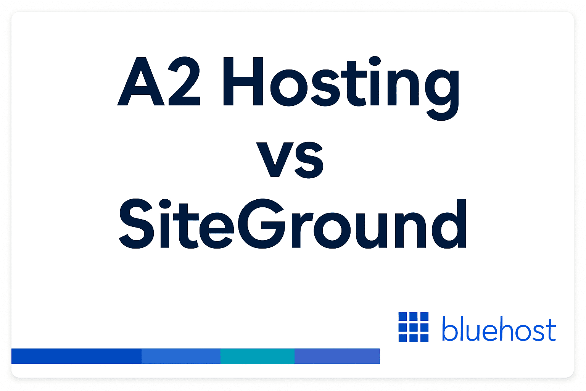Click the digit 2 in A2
(x=184, y=82)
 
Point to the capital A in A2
(x=141, y=82)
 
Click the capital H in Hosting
(x=243, y=82)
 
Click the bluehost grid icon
(x=414, y=327)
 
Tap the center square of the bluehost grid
(x=414, y=327)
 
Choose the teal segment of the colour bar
(x=258, y=356)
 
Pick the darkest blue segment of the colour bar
(x=76, y=356)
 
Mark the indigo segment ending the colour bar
(x=337, y=356)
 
